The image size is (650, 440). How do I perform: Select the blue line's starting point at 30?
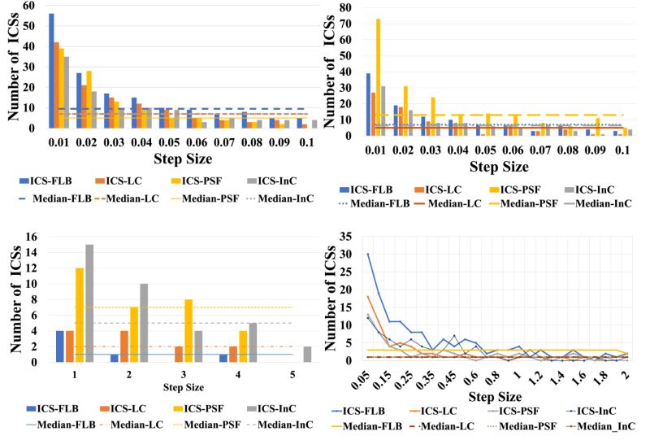pyautogui.click(x=367, y=254)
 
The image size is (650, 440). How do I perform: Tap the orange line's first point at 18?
pyautogui.click(x=367, y=296)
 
